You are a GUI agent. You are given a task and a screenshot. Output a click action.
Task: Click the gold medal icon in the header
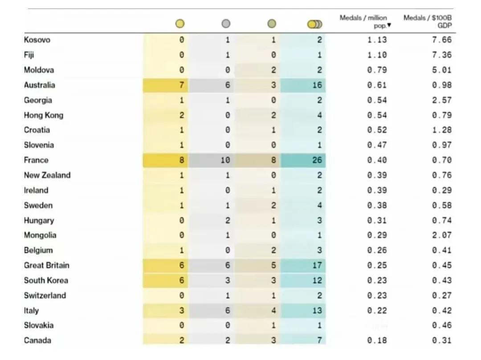point(179,24)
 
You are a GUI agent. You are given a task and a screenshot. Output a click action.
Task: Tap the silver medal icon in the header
point(226,24)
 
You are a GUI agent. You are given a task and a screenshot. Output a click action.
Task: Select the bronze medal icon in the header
point(272,24)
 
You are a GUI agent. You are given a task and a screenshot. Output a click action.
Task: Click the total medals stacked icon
point(314,24)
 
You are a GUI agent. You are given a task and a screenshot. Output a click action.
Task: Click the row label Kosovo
point(37,40)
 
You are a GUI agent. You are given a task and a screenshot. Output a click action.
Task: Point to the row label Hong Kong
point(44,115)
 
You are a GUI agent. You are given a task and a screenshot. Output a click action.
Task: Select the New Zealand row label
point(47,175)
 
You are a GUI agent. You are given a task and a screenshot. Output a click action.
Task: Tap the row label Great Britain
point(47,266)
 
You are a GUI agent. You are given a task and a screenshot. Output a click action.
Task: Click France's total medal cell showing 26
point(317,160)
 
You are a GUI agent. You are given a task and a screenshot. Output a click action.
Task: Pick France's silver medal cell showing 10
point(225,160)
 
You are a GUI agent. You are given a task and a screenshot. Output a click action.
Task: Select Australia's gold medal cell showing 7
point(181,85)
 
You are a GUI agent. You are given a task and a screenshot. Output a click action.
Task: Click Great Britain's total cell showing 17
point(317,266)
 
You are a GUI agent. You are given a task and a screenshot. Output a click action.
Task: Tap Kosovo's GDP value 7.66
point(441,40)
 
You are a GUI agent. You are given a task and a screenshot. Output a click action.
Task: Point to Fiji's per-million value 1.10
point(377,55)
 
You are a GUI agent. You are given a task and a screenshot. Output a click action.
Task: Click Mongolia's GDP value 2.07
point(441,235)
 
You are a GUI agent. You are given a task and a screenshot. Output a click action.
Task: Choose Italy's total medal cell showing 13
point(317,311)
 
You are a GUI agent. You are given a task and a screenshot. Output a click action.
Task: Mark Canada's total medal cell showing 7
point(319,341)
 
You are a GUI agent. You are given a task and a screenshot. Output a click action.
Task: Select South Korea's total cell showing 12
point(317,281)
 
